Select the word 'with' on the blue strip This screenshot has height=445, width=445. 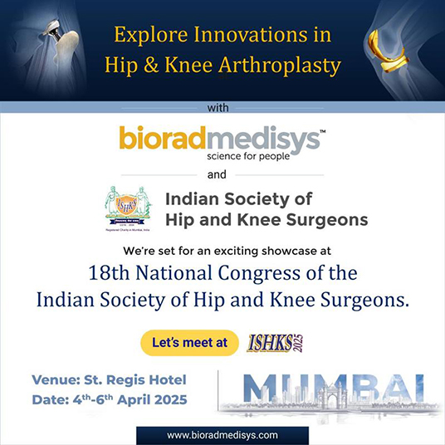point(222,107)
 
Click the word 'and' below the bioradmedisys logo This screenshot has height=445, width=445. point(222,176)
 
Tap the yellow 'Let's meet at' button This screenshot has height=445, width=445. point(190,342)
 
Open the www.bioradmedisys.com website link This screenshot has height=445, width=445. point(222,435)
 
